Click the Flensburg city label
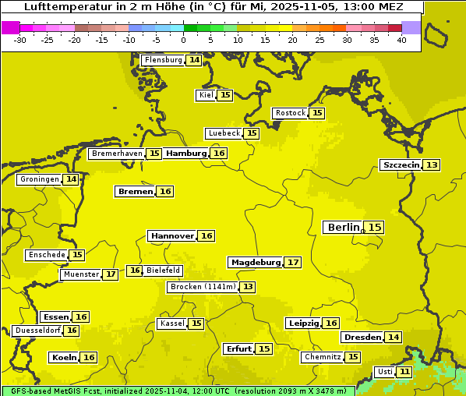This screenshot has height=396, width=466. tap(163, 60)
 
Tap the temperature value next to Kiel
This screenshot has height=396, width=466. tap(224, 95)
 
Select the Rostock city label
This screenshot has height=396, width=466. tap(290, 113)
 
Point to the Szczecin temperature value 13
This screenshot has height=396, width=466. tap(432, 164)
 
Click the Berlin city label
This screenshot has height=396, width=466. tap(343, 227)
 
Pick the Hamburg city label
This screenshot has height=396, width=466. tap(185, 154)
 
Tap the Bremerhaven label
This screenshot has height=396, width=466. tap(117, 154)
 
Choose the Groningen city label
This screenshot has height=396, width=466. tap(39, 179)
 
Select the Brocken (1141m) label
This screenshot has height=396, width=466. tap(202, 287)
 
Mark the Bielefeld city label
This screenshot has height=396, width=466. tap(163, 270)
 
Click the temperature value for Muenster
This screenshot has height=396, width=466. tap(111, 274)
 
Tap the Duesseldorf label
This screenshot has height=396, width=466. tap(37, 331)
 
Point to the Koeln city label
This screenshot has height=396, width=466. tap(64, 357)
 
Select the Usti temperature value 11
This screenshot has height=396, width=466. tap(404, 372)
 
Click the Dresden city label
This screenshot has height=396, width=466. tap(362, 338)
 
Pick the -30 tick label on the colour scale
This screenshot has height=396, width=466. tap(20, 40)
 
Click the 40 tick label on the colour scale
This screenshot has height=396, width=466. tap(401, 40)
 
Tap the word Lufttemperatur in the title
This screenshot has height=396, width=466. tap(62, 6)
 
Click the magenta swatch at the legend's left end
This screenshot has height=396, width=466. tap(10, 27)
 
